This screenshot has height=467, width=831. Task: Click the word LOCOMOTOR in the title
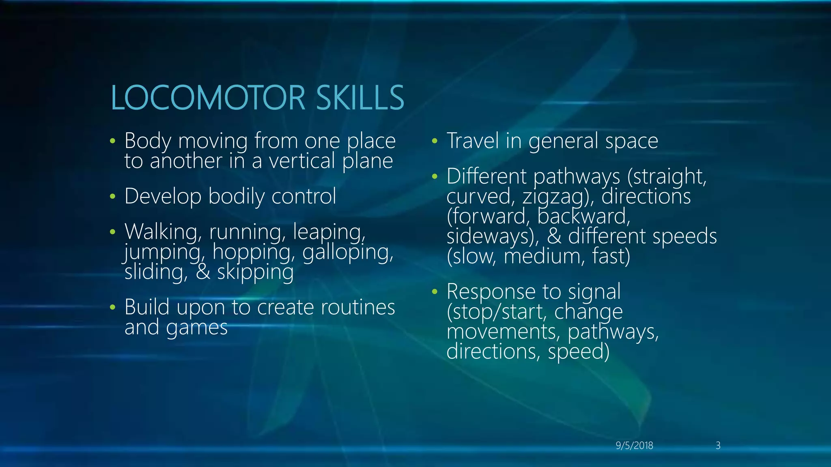(x=208, y=98)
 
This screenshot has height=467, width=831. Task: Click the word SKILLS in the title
(x=360, y=98)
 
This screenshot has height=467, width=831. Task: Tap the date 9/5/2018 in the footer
(x=634, y=446)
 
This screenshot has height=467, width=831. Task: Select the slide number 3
(x=718, y=446)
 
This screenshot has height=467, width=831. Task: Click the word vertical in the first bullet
(x=303, y=161)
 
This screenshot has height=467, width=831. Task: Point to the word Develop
(x=163, y=197)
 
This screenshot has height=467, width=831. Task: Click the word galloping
(x=348, y=252)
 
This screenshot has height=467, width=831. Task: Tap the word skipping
(x=255, y=272)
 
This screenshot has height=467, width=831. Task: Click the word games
(x=197, y=328)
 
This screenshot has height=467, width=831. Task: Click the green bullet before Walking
(x=112, y=232)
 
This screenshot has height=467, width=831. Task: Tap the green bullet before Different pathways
(x=435, y=177)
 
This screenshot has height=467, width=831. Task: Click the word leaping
(x=329, y=232)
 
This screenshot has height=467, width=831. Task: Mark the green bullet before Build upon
(x=112, y=308)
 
